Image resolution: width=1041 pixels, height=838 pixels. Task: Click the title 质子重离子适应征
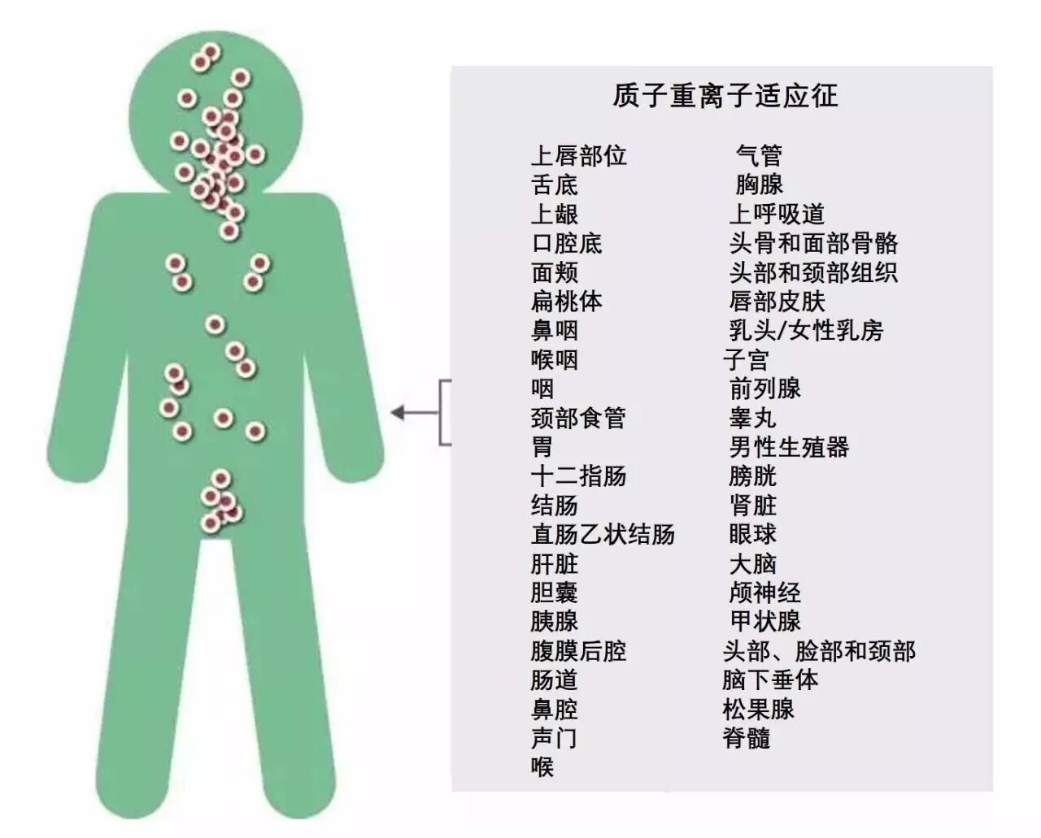pos(725,96)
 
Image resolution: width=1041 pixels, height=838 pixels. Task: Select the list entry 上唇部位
pos(578,155)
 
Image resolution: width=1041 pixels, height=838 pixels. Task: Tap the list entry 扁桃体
pos(566,302)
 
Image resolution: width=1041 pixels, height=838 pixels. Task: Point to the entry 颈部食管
pos(578,418)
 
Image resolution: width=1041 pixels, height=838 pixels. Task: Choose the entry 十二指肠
pos(578,476)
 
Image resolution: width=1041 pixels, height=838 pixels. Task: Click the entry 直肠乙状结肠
pos(603,535)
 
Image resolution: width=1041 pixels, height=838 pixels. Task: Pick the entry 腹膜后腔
pos(578,651)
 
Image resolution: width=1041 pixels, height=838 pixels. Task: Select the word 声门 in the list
pos(554,738)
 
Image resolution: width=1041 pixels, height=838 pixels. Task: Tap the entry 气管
pos(758,155)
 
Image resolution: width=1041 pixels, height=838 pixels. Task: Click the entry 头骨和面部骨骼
pos(813,243)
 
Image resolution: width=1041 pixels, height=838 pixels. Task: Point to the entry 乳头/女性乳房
pos(806,331)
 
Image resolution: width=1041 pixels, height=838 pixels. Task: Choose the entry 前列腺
pos(764,389)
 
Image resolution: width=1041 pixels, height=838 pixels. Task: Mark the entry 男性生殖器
pos(789,447)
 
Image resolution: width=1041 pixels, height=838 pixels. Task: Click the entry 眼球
pos(752,535)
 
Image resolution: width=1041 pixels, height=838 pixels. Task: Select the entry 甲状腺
pos(764,622)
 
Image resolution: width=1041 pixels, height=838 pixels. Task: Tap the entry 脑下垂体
pos(770,680)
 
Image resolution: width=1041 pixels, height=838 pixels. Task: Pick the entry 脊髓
pos(746,738)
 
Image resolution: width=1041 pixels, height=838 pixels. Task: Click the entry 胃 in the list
pos(542,447)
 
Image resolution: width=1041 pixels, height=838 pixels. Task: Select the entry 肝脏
pos(554,564)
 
